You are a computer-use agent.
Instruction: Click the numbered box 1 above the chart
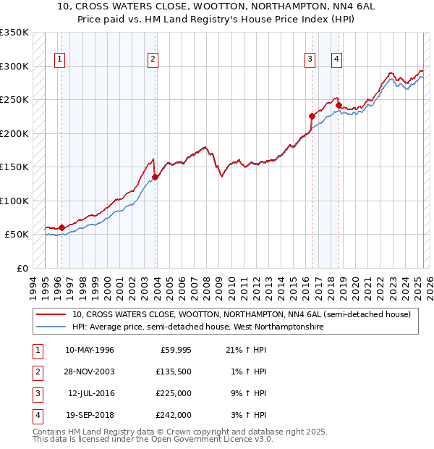59,60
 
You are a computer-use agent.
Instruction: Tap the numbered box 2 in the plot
153,60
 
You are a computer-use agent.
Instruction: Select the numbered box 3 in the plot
310,60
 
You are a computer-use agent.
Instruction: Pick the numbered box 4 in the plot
337,60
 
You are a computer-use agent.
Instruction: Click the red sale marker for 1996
61,227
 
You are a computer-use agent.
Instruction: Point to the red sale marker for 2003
155,176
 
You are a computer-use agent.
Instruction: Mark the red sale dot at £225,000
312,116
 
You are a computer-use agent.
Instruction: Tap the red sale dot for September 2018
339,105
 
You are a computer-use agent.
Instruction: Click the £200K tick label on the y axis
14,133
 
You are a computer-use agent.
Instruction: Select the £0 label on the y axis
21,268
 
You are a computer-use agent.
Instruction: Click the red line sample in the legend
51,315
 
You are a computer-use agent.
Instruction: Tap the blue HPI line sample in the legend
51,327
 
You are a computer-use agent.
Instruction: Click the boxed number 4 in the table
37,415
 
